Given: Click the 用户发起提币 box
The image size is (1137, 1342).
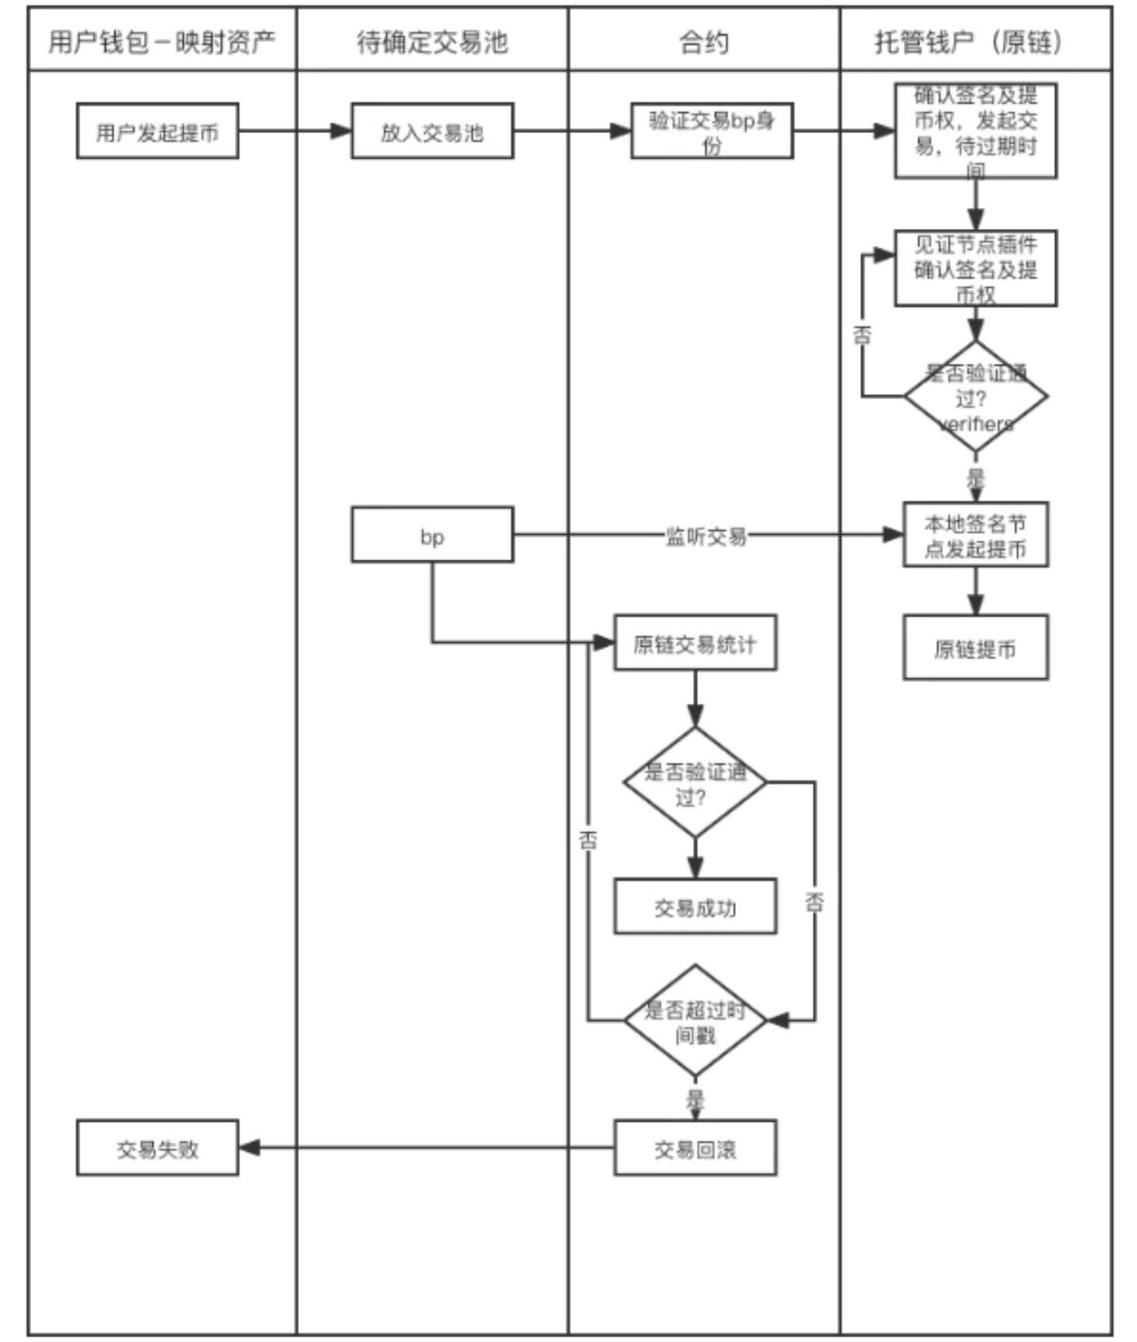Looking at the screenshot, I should coord(157,132).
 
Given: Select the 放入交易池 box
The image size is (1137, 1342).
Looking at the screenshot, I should coord(432,132).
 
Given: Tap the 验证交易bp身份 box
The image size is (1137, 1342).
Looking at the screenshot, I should coord(712,132).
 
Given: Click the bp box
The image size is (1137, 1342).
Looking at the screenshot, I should coord(432,536).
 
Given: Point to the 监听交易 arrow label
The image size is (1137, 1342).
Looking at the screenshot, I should coord(706,536).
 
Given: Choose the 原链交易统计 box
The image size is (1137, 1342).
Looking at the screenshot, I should coord(695,643).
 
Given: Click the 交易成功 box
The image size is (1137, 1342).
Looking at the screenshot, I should coord(695,907).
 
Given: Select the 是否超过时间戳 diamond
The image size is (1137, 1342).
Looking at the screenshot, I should coord(695,1021).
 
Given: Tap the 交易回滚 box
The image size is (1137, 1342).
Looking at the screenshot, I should coord(695,1148).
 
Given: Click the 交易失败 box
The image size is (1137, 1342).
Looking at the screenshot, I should coord(157,1148).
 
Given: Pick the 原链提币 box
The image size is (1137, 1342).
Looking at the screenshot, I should coord(975,648).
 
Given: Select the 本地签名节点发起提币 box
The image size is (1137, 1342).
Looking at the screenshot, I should coord(975,536).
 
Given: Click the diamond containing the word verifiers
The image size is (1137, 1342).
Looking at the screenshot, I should coord(975,397).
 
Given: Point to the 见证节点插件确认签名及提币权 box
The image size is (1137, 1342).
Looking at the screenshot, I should coord(975,269).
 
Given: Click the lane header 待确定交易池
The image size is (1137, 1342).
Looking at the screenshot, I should coord(432,41).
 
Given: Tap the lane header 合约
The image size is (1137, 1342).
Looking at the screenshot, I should coord(704,41).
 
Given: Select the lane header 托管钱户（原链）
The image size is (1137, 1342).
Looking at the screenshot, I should coord(975,41).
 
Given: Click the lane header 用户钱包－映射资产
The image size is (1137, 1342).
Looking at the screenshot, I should coord(162,41).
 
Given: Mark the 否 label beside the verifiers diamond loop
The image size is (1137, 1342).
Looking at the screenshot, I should coord(862,335).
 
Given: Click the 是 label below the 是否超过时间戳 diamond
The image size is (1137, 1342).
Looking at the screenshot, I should coord(695,1099).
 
